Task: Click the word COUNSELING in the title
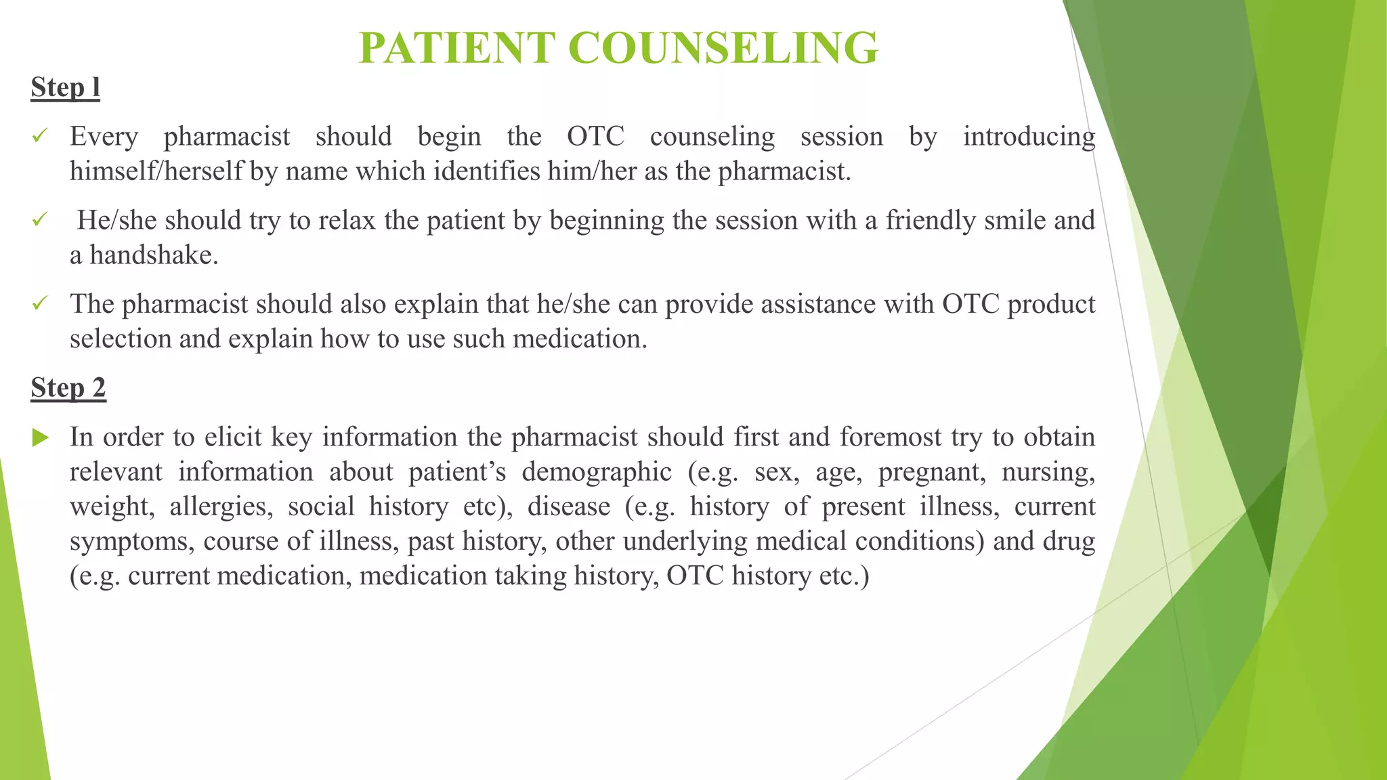point(723,48)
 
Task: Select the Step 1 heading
point(65,88)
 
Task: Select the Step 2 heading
point(68,389)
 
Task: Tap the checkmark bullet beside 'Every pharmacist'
point(40,136)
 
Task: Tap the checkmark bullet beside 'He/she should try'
point(40,220)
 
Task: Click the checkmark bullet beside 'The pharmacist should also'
point(40,303)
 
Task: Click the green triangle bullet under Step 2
point(41,437)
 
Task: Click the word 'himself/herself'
point(156,171)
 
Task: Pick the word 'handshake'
point(153,255)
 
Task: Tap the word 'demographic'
point(596,473)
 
